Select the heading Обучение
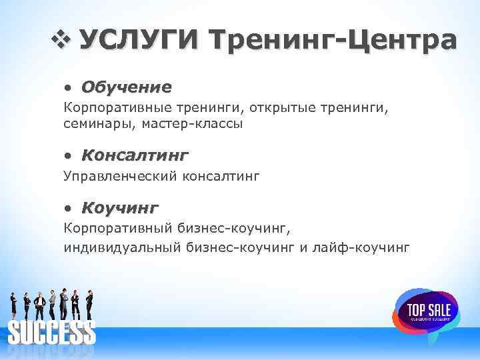click(126, 87)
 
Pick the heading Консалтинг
click(135, 155)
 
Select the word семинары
click(92, 124)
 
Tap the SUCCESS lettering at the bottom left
click(51, 331)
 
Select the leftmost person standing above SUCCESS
click(13, 305)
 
